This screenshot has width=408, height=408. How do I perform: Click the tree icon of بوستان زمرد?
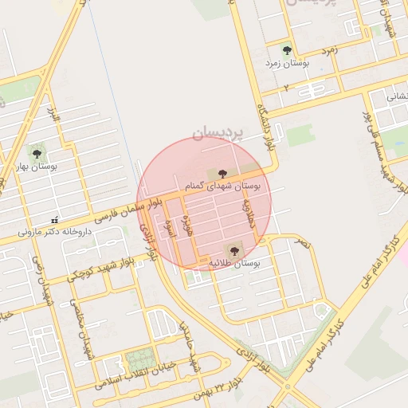click(x=287, y=50)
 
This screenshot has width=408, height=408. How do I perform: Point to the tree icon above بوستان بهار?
click(x=36, y=151)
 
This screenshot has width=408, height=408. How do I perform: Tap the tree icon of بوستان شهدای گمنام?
click(x=222, y=173)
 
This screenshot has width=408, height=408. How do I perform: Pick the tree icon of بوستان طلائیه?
click(x=233, y=250)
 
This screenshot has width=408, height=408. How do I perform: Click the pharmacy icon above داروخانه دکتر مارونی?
click(x=54, y=219)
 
